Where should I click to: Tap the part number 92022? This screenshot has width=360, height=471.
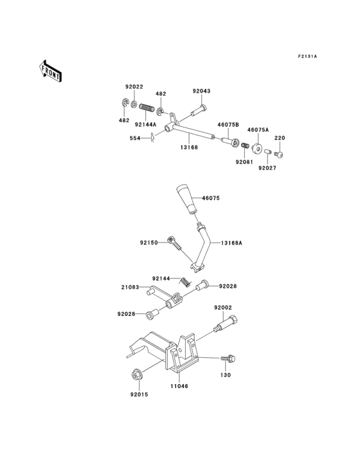[x=134, y=87]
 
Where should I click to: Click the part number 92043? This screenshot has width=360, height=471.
[x=201, y=92]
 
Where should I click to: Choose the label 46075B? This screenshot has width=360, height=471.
[x=228, y=124]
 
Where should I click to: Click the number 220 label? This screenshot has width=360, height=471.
[x=280, y=138]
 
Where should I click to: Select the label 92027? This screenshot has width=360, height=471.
[x=267, y=168]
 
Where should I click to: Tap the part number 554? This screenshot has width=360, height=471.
[x=134, y=138]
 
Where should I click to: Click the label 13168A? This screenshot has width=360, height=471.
[x=231, y=243]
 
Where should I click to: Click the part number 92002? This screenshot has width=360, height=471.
[x=222, y=308]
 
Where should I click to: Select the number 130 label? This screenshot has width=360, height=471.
[x=225, y=374]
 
